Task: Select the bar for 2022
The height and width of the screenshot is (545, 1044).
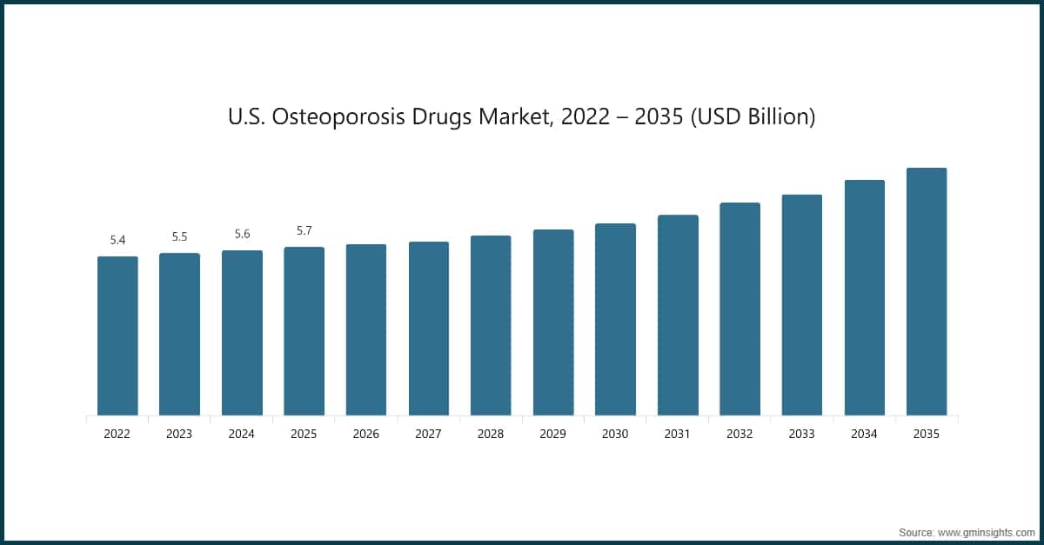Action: (117, 336)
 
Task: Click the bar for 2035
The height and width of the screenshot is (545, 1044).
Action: (927, 291)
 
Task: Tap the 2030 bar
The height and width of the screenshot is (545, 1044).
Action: (615, 319)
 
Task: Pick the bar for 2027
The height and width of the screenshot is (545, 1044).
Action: (429, 329)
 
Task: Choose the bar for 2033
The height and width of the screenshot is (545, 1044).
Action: (802, 305)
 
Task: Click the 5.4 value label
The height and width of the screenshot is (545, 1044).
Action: (117, 240)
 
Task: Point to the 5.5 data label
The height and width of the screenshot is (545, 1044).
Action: (179, 236)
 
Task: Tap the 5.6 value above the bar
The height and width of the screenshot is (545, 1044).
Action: (242, 234)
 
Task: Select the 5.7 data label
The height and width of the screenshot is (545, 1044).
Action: (304, 230)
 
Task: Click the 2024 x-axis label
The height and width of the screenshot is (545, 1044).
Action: (242, 434)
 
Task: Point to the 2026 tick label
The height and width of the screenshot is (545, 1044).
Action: (366, 434)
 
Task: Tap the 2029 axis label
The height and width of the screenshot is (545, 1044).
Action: (553, 434)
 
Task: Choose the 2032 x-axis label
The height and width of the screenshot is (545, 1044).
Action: (739, 434)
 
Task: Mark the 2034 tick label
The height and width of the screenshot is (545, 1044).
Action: (864, 434)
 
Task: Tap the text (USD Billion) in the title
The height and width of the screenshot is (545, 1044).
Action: (752, 117)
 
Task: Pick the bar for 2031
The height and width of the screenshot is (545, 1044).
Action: (678, 315)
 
